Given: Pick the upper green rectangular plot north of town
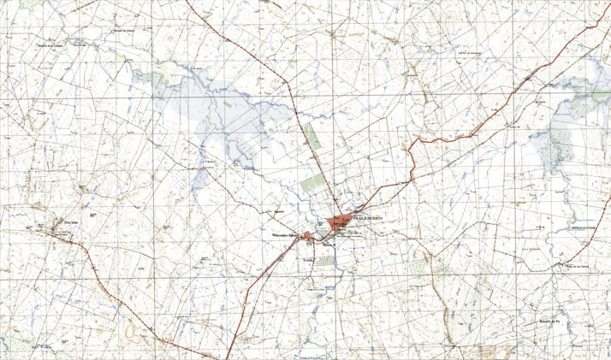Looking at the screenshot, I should click(311, 138).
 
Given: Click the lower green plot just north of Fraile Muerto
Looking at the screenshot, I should click(312, 184).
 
